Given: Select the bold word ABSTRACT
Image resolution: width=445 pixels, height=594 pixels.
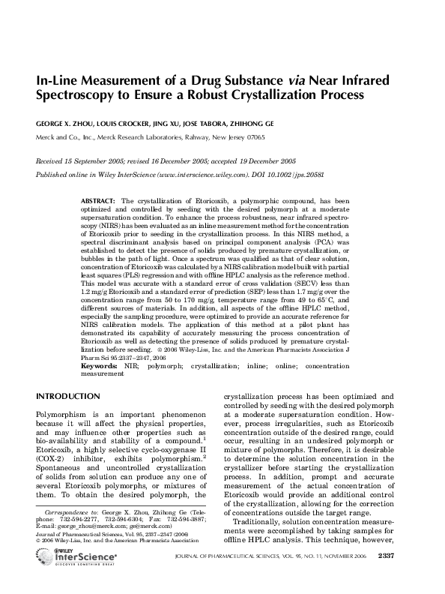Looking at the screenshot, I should pos(98,202).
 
